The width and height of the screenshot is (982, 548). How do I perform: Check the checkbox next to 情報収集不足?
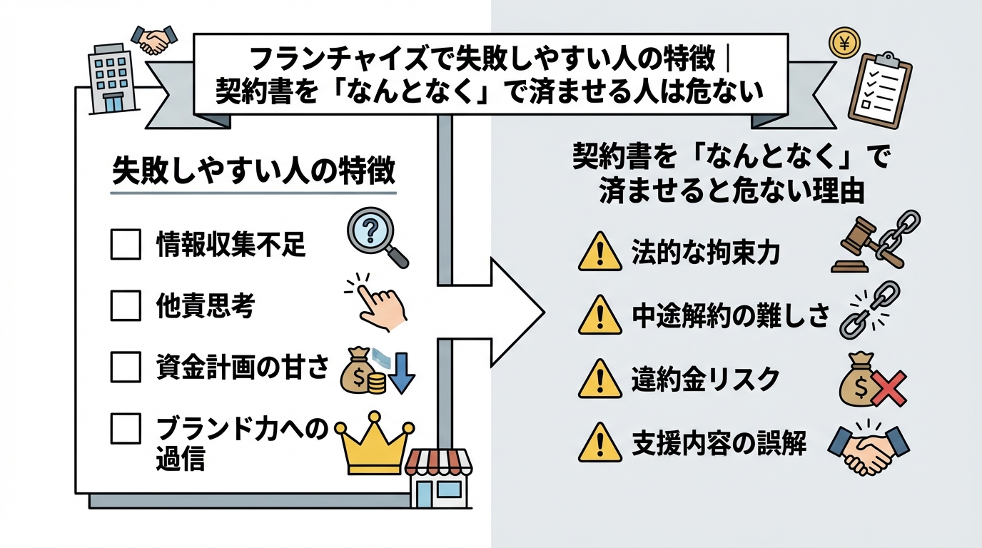[126, 245]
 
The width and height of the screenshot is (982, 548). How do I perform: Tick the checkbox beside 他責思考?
[126, 307]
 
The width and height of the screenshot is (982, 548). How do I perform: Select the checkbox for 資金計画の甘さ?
[126, 368]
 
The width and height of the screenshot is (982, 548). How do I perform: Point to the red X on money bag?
[890, 389]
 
